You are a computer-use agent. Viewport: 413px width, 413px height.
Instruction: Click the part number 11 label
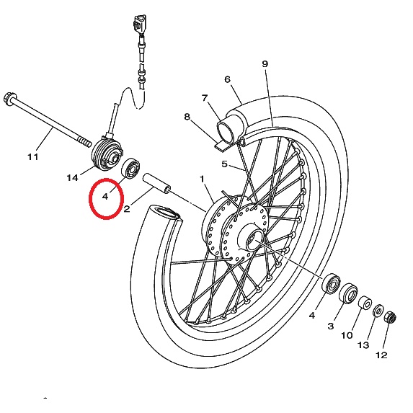pyautogui.click(x=33, y=157)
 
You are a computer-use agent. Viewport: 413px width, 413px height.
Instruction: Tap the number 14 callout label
pyautogui.click(x=72, y=178)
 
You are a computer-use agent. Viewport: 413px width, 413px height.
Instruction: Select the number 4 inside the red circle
pyautogui.click(x=105, y=196)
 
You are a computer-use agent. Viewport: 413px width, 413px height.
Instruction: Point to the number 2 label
pyautogui.click(x=127, y=209)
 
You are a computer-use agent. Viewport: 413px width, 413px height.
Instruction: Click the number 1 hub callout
pyautogui.click(x=202, y=179)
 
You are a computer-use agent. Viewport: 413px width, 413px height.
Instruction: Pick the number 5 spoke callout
pyautogui.click(x=224, y=164)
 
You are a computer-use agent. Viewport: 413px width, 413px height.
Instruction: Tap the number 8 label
pyautogui.click(x=187, y=117)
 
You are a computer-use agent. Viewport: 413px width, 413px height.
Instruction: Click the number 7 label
pyautogui.click(x=205, y=98)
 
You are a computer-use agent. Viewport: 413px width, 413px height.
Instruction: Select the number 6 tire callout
pyautogui.click(x=228, y=79)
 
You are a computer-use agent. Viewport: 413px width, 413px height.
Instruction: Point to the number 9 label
pyautogui.click(x=265, y=63)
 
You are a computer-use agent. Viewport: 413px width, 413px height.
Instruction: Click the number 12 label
pyautogui.click(x=381, y=355)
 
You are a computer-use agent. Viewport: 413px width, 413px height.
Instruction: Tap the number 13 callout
pyautogui.click(x=363, y=345)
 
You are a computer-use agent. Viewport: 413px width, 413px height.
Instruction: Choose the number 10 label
pyautogui.click(x=347, y=335)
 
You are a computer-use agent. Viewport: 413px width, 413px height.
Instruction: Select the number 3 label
pyautogui.click(x=331, y=326)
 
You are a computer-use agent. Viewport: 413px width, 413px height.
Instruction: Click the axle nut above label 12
pyautogui.click(x=390, y=317)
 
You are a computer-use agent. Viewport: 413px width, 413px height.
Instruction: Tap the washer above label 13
pyautogui.click(x=378, y=311)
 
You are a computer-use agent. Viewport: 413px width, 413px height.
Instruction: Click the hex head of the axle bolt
pyautogui.click(x=10, y=99)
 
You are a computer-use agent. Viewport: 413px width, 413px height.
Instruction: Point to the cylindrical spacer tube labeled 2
pyautogui.click(x=156, y=183)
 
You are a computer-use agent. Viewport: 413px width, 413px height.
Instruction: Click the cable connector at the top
pyautogui.click(x=140, y=25)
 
